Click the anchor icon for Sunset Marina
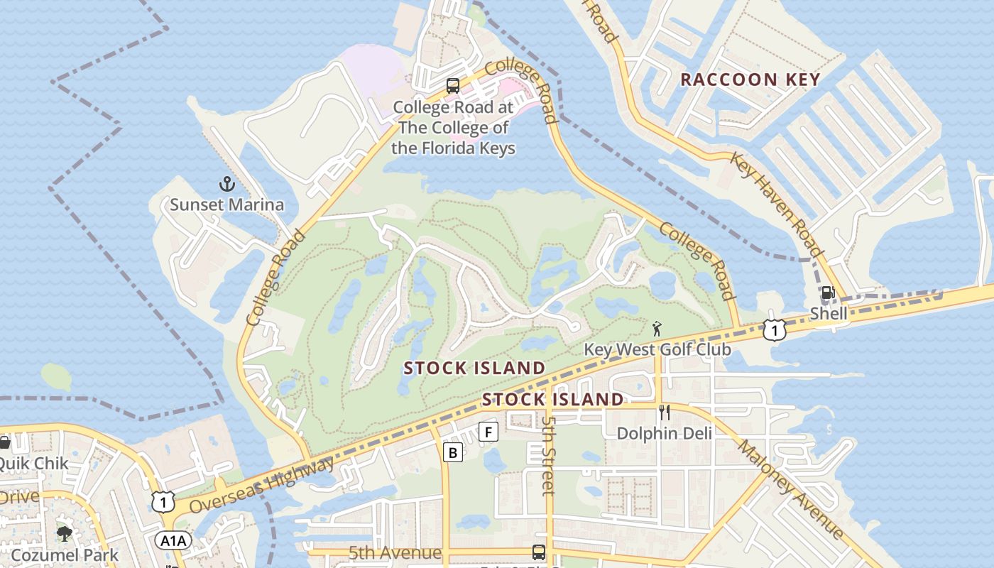click(226, 185)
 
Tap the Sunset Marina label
click(226, 205)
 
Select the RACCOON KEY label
click(750, 80)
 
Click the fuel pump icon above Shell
click(827, 293)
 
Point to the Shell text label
click(829, 313)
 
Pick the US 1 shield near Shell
click(775, 329)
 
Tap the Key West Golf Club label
click(657, 349)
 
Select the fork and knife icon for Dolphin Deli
click(665, 413)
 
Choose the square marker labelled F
click(488, 432)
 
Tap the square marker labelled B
click(453, 452)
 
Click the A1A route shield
click(173, 541)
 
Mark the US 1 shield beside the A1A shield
click(163, 501)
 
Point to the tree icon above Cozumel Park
click(65, 534)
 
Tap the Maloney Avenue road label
click(790, 490)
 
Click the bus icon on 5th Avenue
click(539, 552)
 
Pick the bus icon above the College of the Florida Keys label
click(453, 87)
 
